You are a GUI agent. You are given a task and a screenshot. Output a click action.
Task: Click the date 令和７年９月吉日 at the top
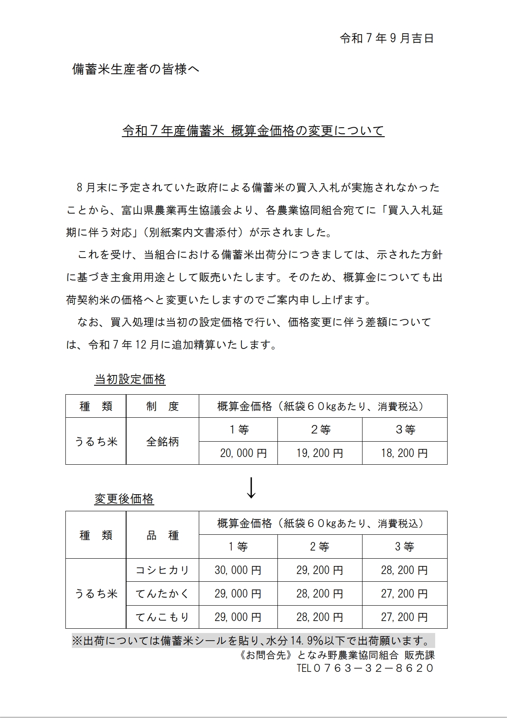(x=386, y=38)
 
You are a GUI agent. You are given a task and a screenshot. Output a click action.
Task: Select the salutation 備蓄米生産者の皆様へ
(x=136, y=69)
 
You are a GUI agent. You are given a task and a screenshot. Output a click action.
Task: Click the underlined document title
(x=253, y=131)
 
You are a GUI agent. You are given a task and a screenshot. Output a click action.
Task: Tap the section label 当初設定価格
(x=130, y=379)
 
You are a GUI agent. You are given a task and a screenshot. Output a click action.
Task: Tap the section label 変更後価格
(x=124, y=498)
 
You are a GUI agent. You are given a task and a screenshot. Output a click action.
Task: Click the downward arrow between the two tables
(x=251, y=487)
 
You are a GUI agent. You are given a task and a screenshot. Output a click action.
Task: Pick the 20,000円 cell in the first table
(x=243, y=453)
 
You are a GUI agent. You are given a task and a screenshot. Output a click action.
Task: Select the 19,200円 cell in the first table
(x=320, y=453)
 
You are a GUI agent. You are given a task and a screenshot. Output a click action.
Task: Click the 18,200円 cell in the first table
(x=404, y=453)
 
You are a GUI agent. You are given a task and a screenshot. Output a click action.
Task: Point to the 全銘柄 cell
(x=162, y=442)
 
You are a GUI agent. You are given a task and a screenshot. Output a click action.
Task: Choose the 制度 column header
(x=162, y=406)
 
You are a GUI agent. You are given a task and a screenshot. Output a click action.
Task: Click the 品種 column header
(x=162, y=535)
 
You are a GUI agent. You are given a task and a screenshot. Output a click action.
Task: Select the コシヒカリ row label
(x=162, y=570)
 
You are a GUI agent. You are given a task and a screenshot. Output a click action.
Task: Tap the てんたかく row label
(x=162, y=594)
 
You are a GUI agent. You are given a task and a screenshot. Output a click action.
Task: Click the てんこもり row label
(x=162, y=617)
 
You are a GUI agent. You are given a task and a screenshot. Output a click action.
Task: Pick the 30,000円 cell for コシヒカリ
(x=238, y=570)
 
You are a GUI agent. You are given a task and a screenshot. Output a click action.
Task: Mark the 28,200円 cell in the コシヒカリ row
(x=404, y=570)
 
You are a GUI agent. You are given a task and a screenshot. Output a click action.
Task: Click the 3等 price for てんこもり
(x=404, y=617)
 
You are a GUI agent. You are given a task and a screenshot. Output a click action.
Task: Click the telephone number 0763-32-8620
(x=365, y=668)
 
